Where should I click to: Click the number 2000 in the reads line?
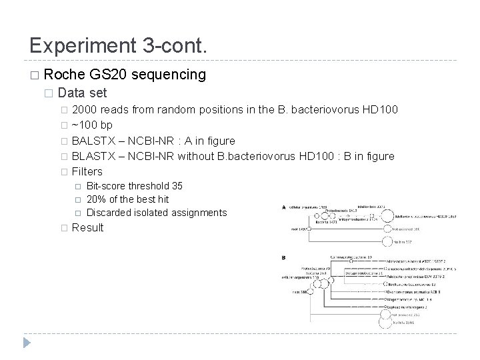[x=85, y=109]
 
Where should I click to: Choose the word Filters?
[x=87, y=171]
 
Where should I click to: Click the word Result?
[x=87, y=228]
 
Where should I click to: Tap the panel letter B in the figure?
[x=285, y=257]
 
